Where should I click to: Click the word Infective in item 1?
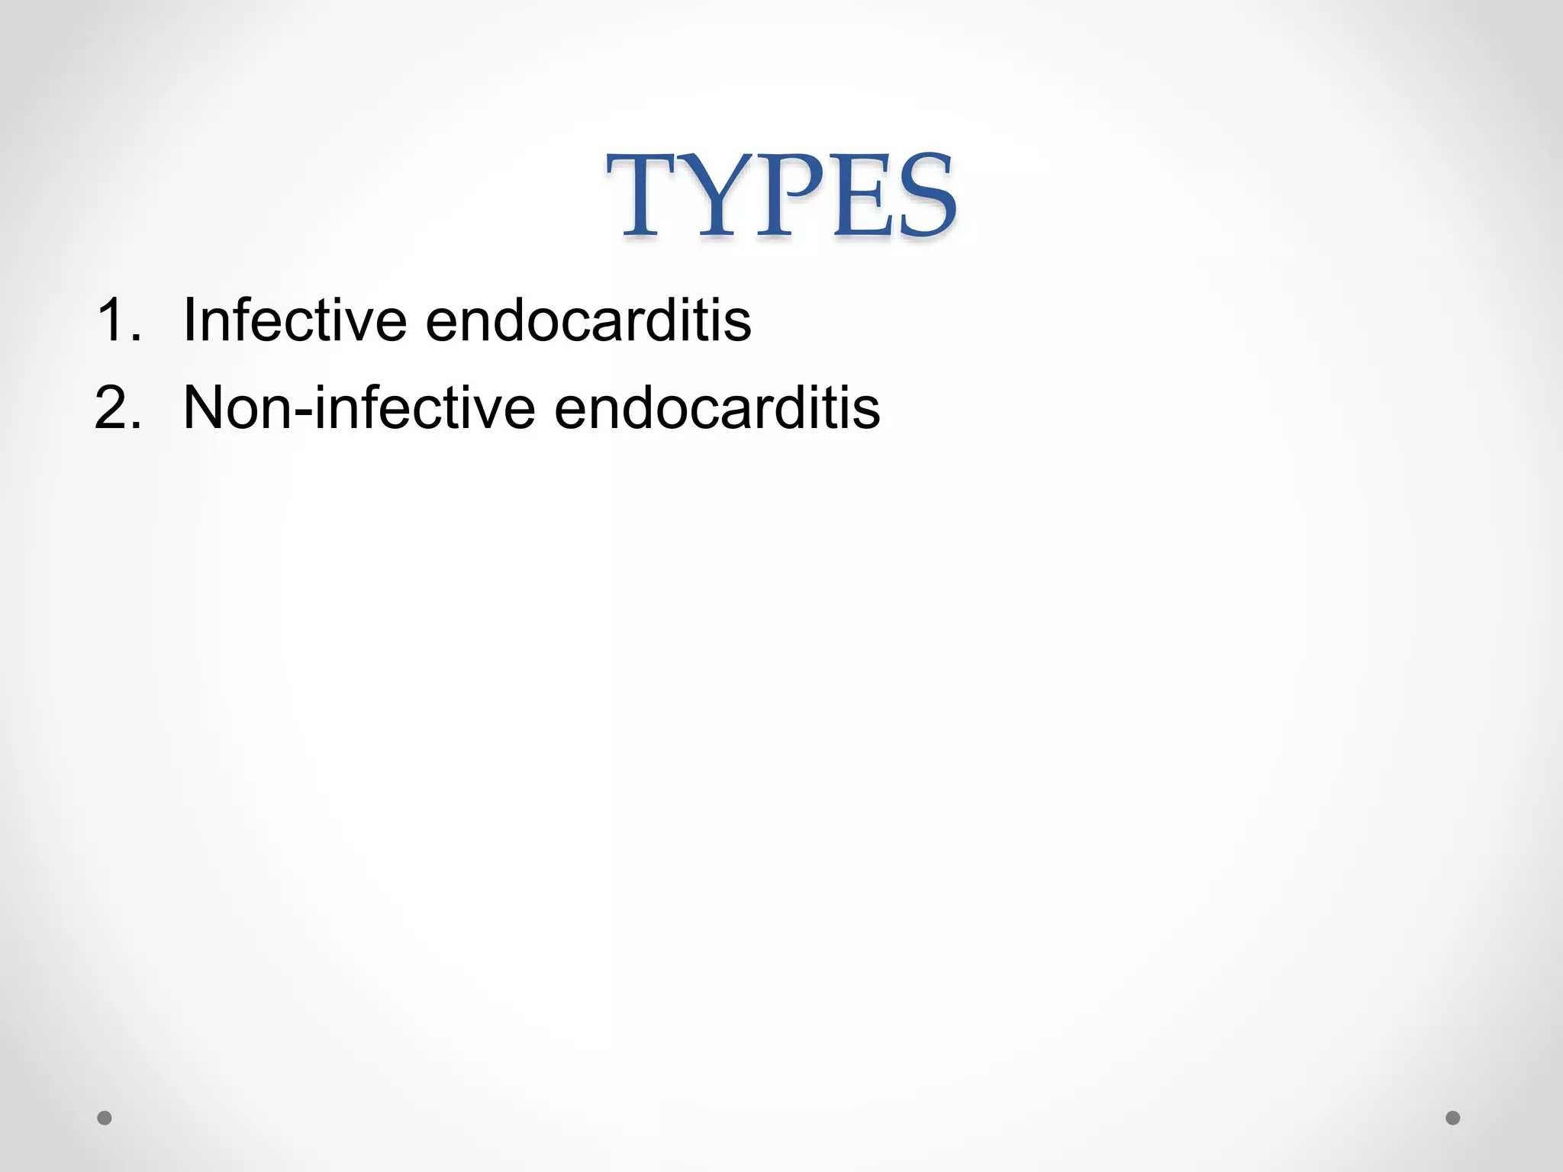tap(295, 320)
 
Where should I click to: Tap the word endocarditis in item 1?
tap(588, 320)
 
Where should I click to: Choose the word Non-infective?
tap(359, 407)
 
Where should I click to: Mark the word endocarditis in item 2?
tap(717, 407)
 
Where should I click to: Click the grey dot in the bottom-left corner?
tap(105, 1118)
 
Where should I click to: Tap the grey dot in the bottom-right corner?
tap(1453, 1118)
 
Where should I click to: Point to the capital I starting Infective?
tap(189, 320)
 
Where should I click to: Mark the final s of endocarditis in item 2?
tap(867, 412)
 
